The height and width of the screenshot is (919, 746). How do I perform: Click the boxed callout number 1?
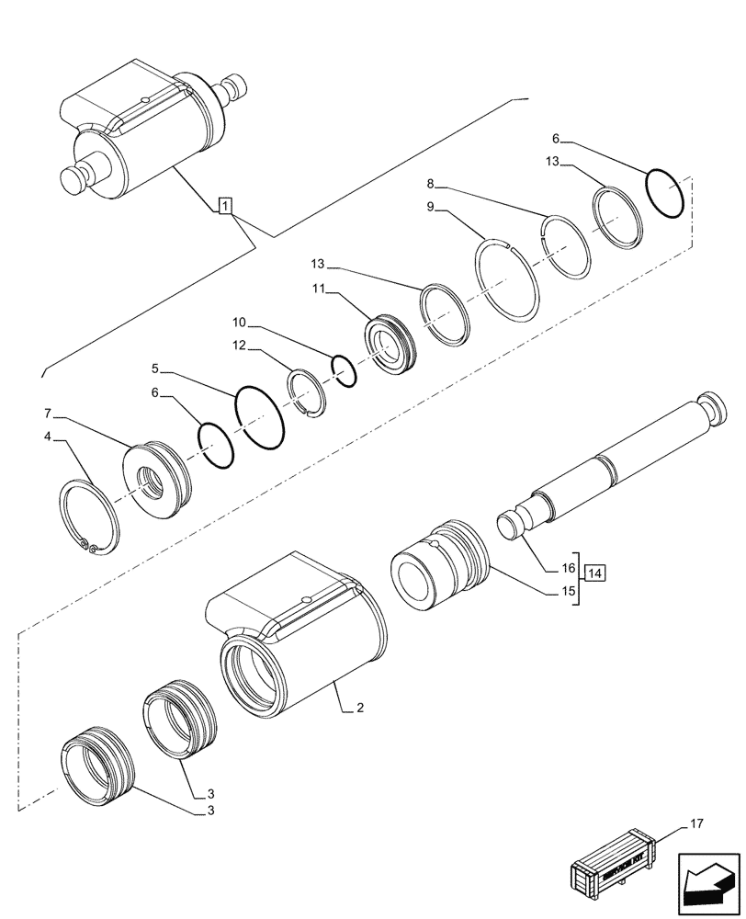click(x=224, y=206)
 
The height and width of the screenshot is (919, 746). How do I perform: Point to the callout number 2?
click(x=360, y=708)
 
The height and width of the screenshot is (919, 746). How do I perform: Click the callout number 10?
click(x=239, y=323)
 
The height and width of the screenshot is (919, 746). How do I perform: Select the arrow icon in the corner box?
click(x=709, y=879)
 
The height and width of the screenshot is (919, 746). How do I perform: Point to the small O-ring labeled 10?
click(x=345, y=371)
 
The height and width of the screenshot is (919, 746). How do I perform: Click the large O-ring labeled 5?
click(x=260, y=419)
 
